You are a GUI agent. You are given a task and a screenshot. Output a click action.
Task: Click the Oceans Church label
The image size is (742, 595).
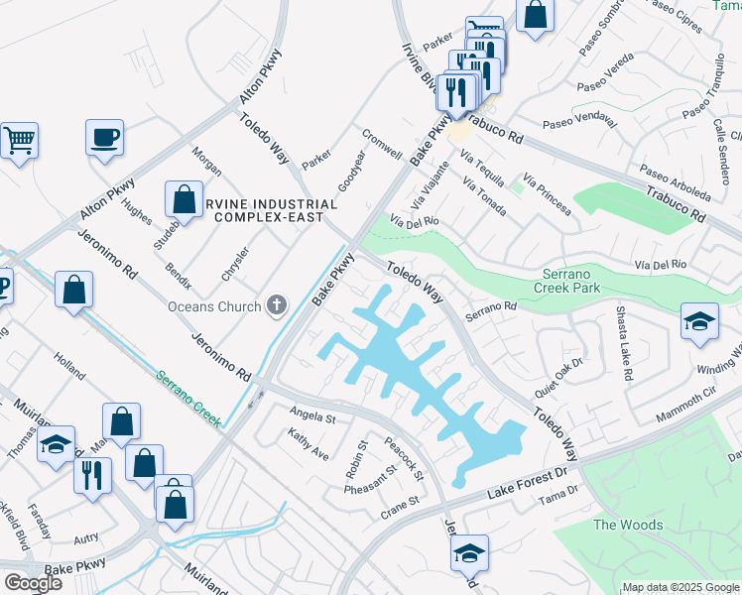pos(214,306)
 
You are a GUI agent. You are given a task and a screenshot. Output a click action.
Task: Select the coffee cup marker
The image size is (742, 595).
pos(103,138)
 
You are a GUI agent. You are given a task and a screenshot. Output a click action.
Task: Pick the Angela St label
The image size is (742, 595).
pos(312,414)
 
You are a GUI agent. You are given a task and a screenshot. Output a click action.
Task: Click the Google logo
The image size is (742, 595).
pos(32,583)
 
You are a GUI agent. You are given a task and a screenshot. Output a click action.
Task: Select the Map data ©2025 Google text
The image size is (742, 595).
pos(681,587)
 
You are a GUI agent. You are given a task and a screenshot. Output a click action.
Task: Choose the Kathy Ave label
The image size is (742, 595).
pos(308,444)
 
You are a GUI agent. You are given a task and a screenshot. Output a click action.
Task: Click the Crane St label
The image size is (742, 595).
pos(401,509)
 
